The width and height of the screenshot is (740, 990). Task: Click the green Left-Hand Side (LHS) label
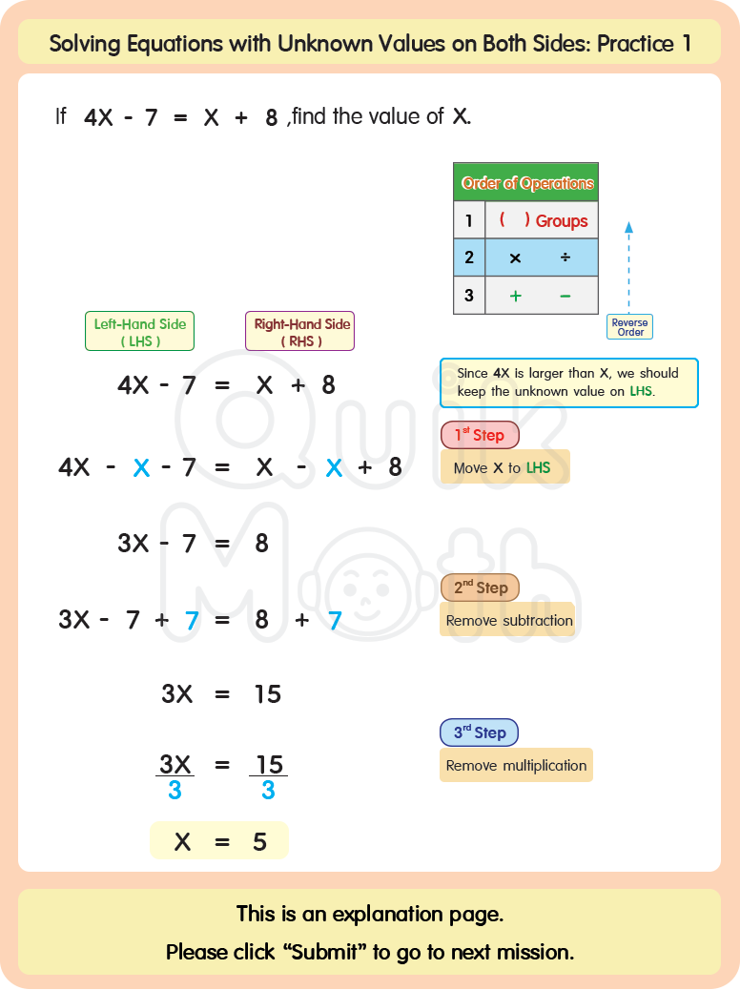click(140, 332)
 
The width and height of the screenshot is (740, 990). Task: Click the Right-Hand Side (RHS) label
click(300, 332)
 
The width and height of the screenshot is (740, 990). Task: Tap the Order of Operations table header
click(526, 182)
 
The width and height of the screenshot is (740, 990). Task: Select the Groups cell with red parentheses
click(542, 220)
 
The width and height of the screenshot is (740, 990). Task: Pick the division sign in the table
click(565, 258)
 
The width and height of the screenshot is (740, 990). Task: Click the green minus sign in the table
click(565, 296)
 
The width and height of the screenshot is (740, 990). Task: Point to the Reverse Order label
click(629, 327)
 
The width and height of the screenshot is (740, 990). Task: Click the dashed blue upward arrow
click(628, 267)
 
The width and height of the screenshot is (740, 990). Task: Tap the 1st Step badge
click(479, 435)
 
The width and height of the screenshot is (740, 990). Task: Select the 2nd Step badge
click(480, 588)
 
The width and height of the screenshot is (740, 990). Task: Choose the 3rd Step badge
click(479, 732)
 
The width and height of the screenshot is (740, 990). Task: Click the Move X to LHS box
click(504, 467)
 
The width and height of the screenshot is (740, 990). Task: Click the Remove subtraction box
click(509, 620)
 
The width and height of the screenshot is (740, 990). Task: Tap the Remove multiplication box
click(516, 765)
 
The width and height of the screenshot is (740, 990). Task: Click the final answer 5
click(259, 842)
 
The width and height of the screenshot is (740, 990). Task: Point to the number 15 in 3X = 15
click(267, 694)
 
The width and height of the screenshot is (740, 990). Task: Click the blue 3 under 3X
click(175, 791)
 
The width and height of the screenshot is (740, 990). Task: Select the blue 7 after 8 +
click(335, 621)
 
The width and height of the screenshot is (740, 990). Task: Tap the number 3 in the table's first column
click(468, 296)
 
